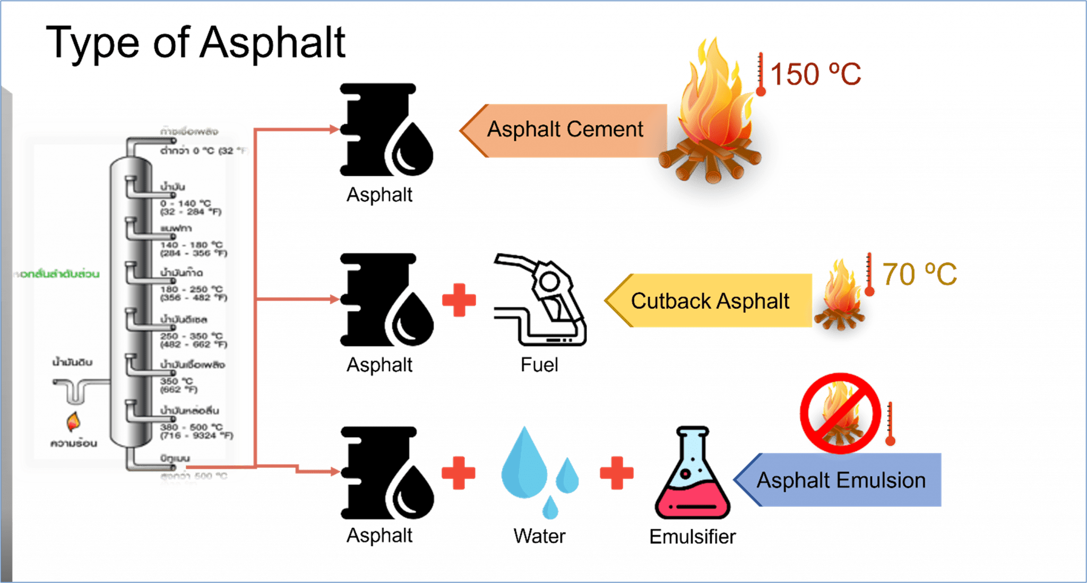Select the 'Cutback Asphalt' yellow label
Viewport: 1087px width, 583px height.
(710, 301)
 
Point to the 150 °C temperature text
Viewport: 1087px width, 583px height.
(815, 74)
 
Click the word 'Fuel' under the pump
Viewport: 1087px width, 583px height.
(539, 365)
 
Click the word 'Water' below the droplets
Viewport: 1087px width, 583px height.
(539, 536)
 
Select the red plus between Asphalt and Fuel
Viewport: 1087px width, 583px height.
(459, 300)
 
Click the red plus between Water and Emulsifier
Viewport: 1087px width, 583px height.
(616, 473)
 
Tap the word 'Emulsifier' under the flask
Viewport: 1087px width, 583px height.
(692, 537)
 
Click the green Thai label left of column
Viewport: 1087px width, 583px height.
(56, 274)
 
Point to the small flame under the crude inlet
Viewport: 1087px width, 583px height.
(73, 422)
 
